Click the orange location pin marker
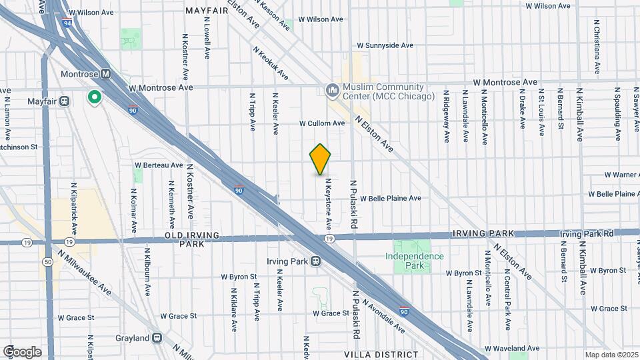pos(320,159)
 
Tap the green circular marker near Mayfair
pos(95,97)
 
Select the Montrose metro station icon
pos(106,74)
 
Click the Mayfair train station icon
pos(65,101)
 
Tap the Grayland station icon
pos(157,338)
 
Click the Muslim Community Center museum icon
pos(332,89)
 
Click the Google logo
pos(23,351)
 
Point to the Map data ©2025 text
pos(611,355)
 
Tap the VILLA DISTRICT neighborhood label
pos(381,355)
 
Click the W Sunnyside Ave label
pos(385,45)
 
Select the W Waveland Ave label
pos(511,348)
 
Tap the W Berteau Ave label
pos(159,165)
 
